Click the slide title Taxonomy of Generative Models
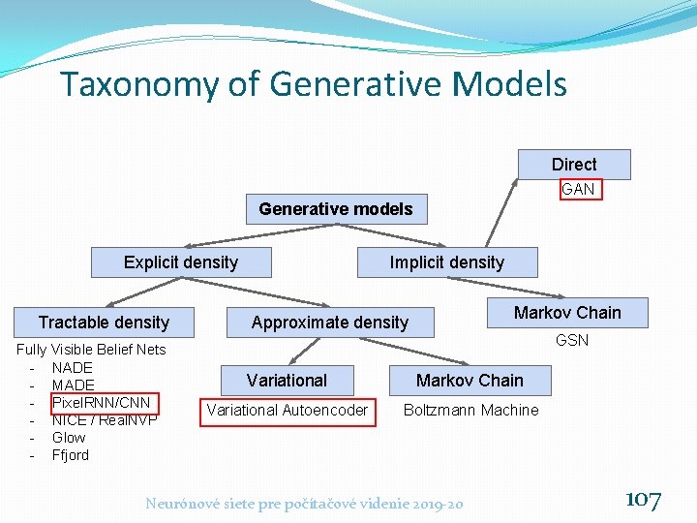click(x=313, y=84)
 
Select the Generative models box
click(x=335, y=209)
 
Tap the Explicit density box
click(x=181, y=262)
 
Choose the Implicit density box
click(x=446, y=262)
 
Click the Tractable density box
click(x=104, y=323)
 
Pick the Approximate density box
click(x=330, y=323)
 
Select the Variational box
click(x=287, y=381)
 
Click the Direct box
click(x=574, y=165)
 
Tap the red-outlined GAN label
click(x=579, y=189)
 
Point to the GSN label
click(x=571, y=341)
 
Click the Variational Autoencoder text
click(x=287, y=411)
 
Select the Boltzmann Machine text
click(x=470, y=411)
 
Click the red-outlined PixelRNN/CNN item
click(x=101, y=402)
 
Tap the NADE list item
click(x=73, y=367)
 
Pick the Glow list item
click(x=69, y=437)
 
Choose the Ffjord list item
click(x=70, y=454)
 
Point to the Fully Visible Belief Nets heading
click(x=92, y=350)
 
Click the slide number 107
click(x=644, y=500)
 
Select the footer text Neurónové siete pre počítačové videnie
click(x=304, y=503)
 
